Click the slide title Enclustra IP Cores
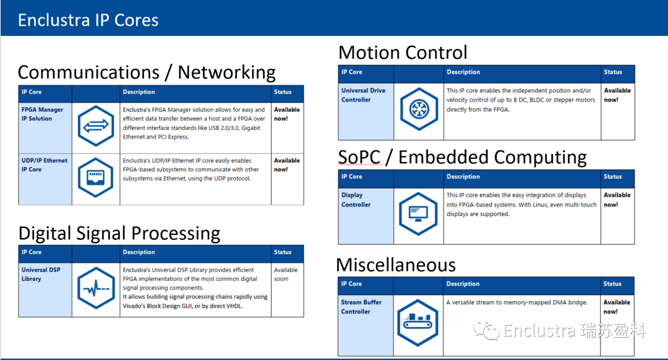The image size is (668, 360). tap(88, 20)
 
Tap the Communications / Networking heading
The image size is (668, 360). tap(147, 72)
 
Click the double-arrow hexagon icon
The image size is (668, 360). tap(96, 126)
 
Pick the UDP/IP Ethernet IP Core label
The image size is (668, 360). tap(45, 165)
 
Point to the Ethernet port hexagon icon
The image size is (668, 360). tap(96, 178)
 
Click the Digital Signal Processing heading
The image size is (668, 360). tap(119, 233)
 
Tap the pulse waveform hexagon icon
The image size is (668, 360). tap(96, 288)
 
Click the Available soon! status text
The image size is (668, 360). tap(286, 275)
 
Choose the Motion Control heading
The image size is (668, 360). tap(403, 53)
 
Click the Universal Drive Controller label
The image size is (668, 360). tap(363, 95)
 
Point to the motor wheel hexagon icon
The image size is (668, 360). tap(419, 109)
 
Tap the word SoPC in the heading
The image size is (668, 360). tap(359, 157)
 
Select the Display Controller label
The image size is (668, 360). tap(356, 200)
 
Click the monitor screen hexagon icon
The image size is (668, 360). tap(418, 214)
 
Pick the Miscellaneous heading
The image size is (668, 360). tap(396, 265)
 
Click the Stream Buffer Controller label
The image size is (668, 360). tap(361, 307)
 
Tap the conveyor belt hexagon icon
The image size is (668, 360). tap(417, 322)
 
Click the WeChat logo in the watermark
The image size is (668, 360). tap(486, 329)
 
